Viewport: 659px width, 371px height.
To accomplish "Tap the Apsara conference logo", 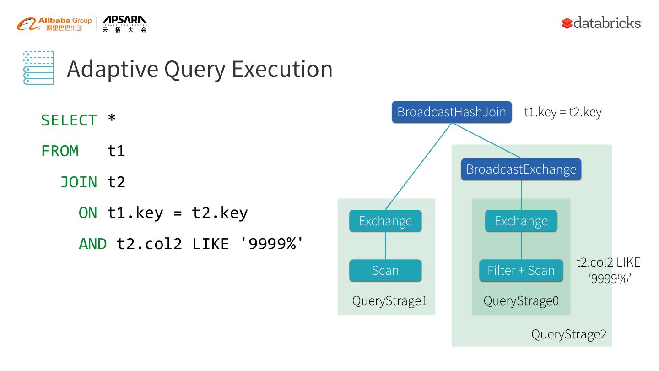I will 124,24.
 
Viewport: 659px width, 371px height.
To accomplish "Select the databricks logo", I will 601,23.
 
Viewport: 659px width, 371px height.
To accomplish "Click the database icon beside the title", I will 39,68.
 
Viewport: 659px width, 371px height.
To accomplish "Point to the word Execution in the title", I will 282,69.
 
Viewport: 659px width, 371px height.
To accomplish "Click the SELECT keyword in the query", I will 69,120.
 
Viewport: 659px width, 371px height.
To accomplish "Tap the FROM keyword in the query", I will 59,151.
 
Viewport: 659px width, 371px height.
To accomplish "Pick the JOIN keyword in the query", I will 79,182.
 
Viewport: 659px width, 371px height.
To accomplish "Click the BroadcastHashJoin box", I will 451,112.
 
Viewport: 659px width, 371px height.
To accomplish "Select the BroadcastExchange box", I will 521,169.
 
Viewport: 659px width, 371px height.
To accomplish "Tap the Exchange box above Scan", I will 385,221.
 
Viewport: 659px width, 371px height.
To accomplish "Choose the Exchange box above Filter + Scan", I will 521,221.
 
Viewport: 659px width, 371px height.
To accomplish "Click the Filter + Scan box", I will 521,271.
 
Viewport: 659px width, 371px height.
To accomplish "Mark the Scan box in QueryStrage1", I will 385,271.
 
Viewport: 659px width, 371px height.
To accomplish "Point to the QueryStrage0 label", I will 521,301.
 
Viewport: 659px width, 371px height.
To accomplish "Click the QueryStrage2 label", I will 568,334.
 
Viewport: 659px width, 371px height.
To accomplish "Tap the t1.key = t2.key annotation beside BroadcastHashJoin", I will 562,112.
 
